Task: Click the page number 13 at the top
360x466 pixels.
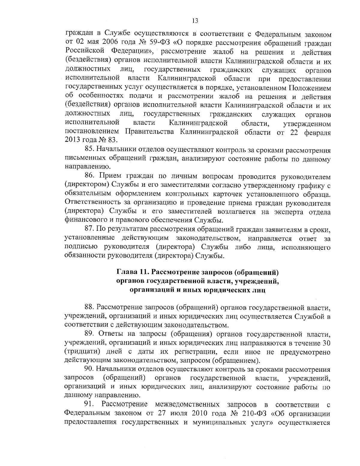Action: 195,20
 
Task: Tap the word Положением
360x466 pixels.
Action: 310,88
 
